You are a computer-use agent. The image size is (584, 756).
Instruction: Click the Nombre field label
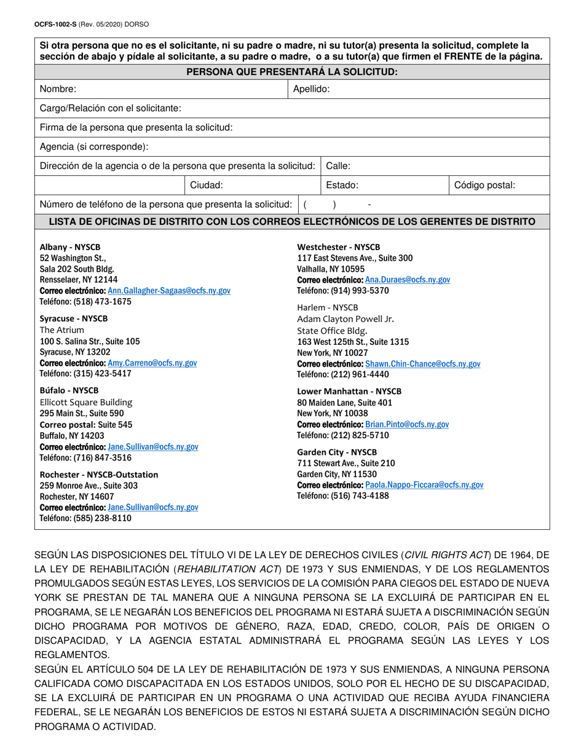click(x=58, y=89)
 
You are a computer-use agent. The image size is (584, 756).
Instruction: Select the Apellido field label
click(x=311, y=89)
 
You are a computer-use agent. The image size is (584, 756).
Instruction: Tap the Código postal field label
click(x=484, y=185)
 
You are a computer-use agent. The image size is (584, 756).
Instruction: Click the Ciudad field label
click(x=206, y=185)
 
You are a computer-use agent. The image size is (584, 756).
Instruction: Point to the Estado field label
click(x=342, y=185)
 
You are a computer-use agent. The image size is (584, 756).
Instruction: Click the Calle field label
click(x=338, y=166)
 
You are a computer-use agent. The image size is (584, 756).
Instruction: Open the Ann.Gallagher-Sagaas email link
click(x=169, y=291)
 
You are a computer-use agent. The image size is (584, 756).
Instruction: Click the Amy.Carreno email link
click(x=152, y=363)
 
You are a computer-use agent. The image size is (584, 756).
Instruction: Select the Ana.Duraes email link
click(x=408, y=280)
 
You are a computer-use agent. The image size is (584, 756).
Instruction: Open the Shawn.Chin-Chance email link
click(x=423, y=364)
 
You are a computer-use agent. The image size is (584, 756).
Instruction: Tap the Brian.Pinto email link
click(x=407, y=425)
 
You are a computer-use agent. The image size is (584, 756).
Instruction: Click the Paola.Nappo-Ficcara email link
click(x=424, y=485)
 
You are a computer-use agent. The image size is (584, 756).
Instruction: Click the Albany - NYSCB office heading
click(x=70, y=247)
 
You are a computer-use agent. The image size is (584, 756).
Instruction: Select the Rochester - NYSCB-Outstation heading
click(x=99, y=474)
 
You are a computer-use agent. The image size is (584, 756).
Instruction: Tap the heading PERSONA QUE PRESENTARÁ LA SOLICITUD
click(x=292, y=72)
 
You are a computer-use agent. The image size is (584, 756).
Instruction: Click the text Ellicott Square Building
click(x=85, y=402)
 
